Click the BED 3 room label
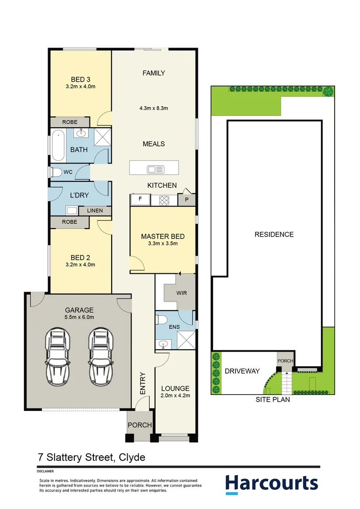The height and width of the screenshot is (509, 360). click(x=81, y=80)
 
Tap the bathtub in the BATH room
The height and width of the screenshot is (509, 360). click(x=58, y=145)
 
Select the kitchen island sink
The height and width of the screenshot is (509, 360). click(x=155, y=169)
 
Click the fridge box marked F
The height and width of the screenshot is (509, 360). click(x=140, y=200)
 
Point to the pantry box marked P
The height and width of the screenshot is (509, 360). click(x=187, y=200)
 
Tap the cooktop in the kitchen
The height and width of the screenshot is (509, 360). click(x=164, y=200)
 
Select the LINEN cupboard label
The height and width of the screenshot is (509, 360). click(x=95, y=211)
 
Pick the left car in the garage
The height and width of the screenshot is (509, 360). click(x=57, y=356)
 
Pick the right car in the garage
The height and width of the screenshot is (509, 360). click(x=101, y=356)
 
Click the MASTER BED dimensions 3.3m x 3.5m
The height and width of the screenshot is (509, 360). click(x=163, y=244)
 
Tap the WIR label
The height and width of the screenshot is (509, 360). click(x=181, y=293)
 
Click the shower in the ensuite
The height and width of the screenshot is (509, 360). click(x=186, y=340)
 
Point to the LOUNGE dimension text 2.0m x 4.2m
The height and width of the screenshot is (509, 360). click(x=175, y=395)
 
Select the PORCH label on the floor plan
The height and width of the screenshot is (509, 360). click(x=139, y=425)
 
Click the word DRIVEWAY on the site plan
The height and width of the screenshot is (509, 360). click(x=242, y=371)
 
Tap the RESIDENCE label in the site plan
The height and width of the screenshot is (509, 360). click(x=274, y=234)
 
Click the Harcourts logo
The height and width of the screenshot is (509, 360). click(x=272, y=484)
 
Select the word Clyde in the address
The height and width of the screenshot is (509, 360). click(x=132, y=457)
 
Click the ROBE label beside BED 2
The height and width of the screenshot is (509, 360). click(x=69, y=222)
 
